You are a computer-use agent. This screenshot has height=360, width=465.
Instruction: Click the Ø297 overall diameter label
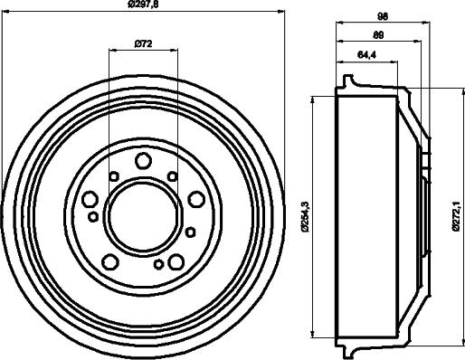pyautogui.click(x=145, y=6)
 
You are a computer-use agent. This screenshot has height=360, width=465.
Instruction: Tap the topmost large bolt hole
pyautogui.click(x=143, y=161)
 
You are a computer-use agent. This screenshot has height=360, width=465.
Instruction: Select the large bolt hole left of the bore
pyautogui.click(x=90, y=199)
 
